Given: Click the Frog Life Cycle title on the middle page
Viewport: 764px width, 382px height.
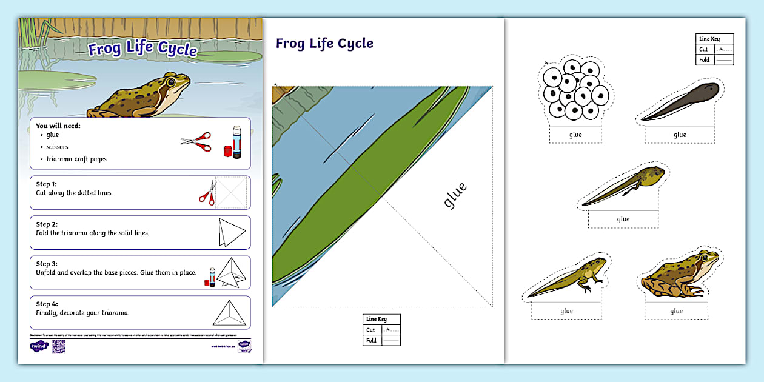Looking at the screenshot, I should click(x=324, y=44).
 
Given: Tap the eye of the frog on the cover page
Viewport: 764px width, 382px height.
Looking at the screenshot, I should click(x=172, y=81).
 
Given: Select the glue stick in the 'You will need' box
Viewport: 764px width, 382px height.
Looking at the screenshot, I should click(x=236, y=142).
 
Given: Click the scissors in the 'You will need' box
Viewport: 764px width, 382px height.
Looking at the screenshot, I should click(x=196, y=142).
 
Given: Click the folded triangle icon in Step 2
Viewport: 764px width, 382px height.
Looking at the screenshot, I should click(x=232, y=232).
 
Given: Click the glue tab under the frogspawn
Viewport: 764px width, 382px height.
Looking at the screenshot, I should click(x=575, y=135).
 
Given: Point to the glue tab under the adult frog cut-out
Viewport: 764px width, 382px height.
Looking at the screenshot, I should click(x=676, y=311).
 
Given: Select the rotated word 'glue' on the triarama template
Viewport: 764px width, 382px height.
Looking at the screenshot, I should click(x=455, y=195).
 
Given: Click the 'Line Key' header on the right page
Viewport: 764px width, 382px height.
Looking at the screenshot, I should click(x=709, y=39).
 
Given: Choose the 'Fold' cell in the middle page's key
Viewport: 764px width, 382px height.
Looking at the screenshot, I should click(x=371, y=340).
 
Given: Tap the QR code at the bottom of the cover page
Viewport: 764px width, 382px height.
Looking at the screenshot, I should click(x=58, y=346).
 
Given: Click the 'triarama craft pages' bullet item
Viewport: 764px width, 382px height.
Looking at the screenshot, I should click(x=76, y=159).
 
